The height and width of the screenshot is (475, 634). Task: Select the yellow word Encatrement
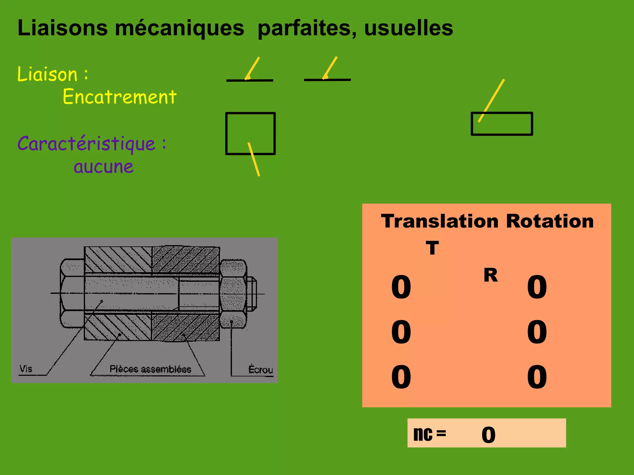click(119, 96)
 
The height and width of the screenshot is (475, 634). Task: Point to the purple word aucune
click(103, 167)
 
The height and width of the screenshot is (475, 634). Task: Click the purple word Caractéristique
click(87, 143)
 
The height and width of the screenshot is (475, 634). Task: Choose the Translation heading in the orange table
click(440, 221)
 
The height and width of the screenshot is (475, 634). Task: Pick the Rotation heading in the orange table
click(550, 221)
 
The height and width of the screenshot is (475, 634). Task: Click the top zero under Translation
click(401, 287)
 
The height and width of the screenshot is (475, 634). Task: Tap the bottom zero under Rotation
click(537, 377)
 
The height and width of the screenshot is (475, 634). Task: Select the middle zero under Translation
click(401, 332)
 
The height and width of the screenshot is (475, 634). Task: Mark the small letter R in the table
click(491, 275)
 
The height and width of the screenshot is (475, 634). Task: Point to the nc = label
click(430, 434)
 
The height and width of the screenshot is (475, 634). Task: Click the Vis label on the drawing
click(26, 369)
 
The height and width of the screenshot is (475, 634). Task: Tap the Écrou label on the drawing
click(261, 370)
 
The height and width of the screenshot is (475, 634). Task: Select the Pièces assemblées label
click(150, 369)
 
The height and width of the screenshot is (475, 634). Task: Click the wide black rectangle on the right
click(502, 124)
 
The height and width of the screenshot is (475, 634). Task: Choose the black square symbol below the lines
click(250, 133)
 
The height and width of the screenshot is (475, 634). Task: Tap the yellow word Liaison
click(47, 75)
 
